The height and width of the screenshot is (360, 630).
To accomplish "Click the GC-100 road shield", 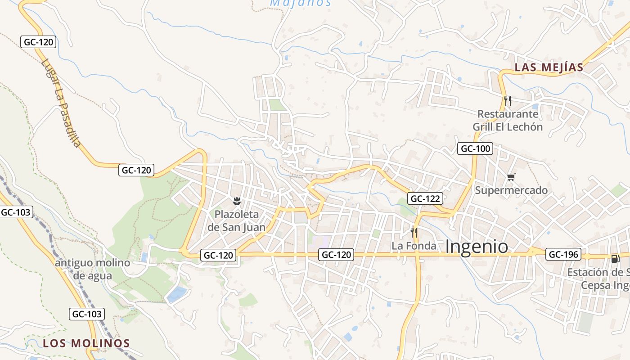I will pyautogui.click(x=475, y=148).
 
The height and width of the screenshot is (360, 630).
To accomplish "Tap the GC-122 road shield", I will pyautogui.click(x=425, y=198).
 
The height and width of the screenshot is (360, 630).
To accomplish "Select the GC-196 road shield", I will pyautogui.click(x=563, y=254).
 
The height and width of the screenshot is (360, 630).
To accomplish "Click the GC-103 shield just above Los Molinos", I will pyautogui.click(x=87, y=314).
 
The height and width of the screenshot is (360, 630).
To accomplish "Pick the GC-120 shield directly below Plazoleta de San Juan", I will pyautogui.click(x=219, y=255).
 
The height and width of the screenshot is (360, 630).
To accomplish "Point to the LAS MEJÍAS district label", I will pyautogui.click(x=549, y=67).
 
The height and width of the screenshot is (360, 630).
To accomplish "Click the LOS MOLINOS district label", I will pyautogui.click(x=86, y=343).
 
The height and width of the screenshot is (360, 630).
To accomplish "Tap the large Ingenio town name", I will pyautogui.click(x=477, y=247).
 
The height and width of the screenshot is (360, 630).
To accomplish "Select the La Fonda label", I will pyautogui.click(x=414, y=246).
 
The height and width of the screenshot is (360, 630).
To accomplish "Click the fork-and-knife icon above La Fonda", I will pyautogui.click(x=414, y=232).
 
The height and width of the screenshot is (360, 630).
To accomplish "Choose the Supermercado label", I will pyautogui.click(x=512, y=190).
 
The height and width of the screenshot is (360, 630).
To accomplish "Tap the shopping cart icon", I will pyautogui.click(x=511, y=177).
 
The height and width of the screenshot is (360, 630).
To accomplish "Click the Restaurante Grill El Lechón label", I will pyautogui.click(x=508, y=120).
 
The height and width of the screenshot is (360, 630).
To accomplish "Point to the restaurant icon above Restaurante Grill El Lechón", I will pyautogui.click(x=508, y=100).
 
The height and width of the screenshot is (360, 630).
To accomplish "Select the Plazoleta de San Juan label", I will pyautogui.click(x=237, y=220).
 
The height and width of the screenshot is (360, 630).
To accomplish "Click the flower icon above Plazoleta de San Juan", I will pyautogui.click(x=237, y=201).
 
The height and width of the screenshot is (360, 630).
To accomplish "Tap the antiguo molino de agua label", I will pyautogui.click(x=92, y=269).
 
